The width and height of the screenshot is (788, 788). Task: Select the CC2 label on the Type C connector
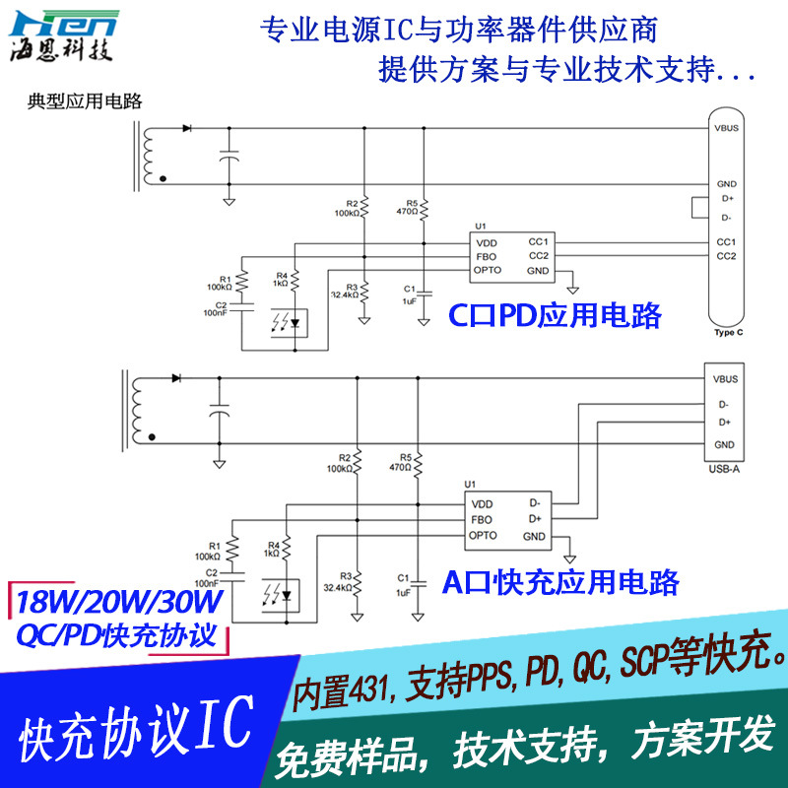726,256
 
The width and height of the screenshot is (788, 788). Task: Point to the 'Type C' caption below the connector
726,334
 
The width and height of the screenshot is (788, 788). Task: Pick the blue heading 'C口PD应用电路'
555,315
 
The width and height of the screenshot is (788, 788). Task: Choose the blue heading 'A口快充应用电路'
559,582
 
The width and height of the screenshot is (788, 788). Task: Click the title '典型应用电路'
84,100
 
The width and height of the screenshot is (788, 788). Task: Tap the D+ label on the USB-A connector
724,423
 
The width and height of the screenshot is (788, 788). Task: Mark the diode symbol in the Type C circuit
186,128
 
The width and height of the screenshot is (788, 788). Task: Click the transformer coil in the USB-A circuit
137,412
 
